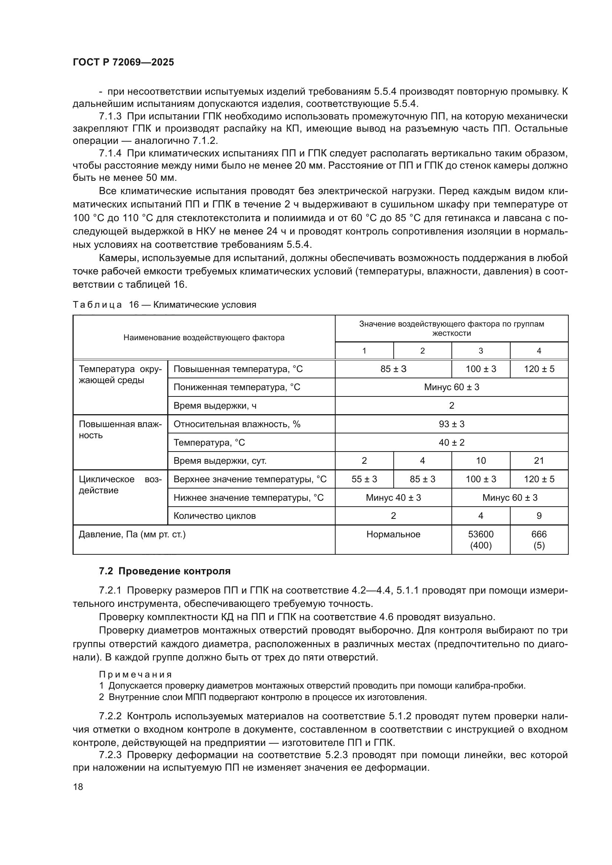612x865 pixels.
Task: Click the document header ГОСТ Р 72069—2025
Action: click(123, 62)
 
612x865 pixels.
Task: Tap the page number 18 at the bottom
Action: click(78, 787)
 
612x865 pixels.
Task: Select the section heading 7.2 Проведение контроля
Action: click(165, 571)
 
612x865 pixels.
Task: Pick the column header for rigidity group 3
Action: click(481, 351)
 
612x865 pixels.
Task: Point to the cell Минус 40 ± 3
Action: click(393, 498)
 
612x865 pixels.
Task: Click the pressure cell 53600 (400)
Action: click(481, 540)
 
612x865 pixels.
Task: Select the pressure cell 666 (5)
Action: click(539, 540)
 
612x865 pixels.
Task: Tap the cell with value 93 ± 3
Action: click(451, 424)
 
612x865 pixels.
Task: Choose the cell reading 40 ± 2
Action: click(451, 442)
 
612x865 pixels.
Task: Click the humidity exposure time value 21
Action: click(539, 461)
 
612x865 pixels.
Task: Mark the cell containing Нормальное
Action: click(393, 534)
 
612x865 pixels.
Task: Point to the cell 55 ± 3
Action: click(364, 479)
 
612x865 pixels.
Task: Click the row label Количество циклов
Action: click(215, 516)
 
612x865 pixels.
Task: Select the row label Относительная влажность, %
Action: click(237, 424)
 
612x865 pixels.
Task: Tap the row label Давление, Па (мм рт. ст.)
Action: click(132, 534)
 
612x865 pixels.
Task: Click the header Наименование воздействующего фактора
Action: click(204, 338)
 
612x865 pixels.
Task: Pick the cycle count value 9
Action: click(539, 516)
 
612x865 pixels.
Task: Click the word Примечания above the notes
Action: click(135, 675)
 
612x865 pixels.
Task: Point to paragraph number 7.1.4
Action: click(110, 153)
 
